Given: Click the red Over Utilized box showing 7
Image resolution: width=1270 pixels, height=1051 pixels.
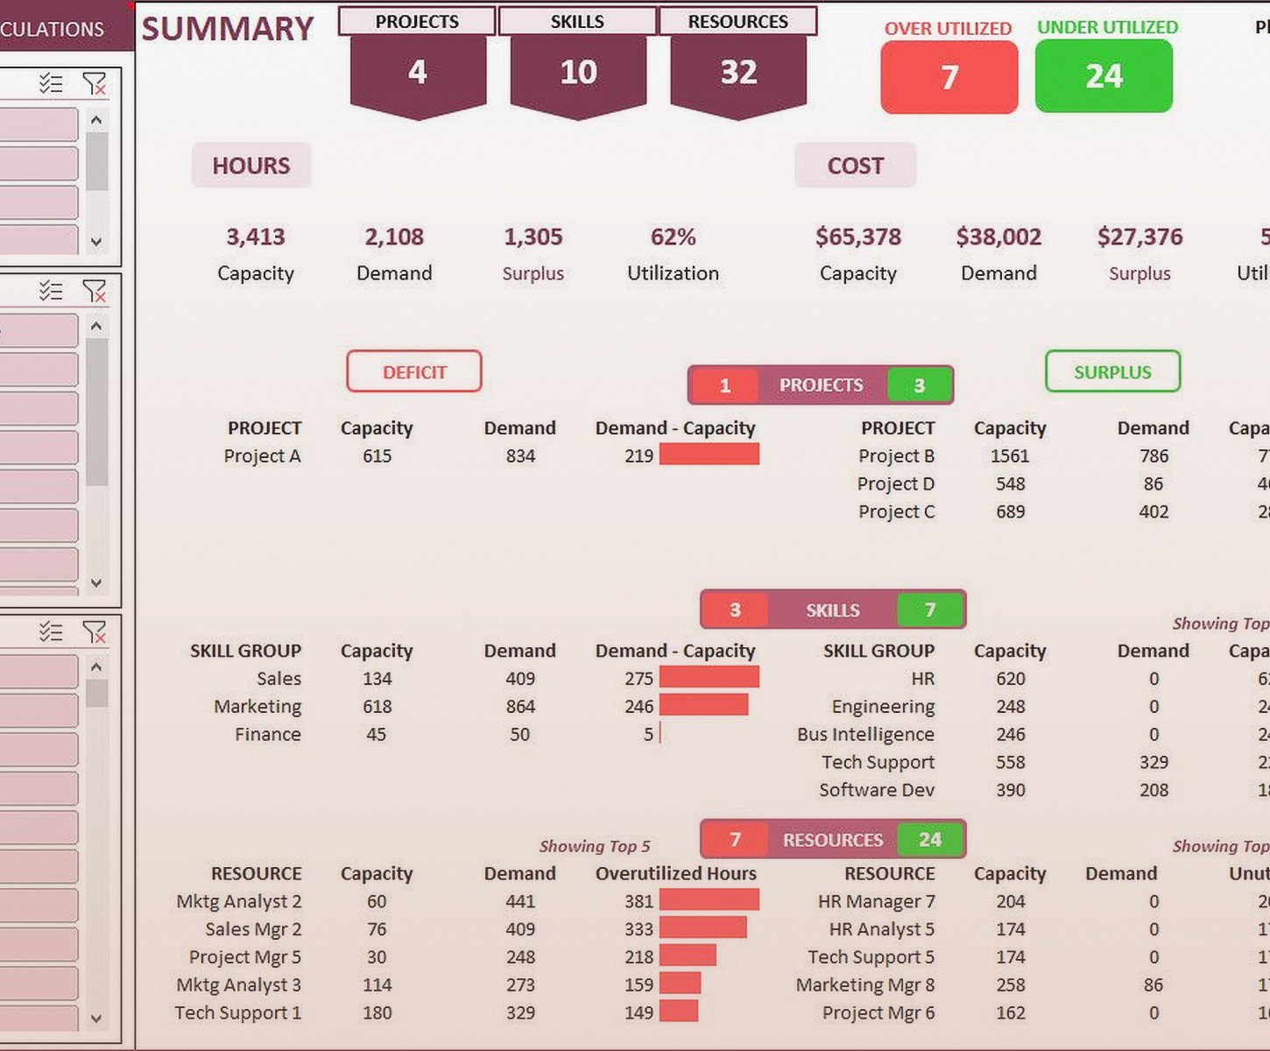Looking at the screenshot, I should (x=949, y=77).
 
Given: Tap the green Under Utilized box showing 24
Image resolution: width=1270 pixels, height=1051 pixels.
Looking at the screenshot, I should (x=1104, y=77).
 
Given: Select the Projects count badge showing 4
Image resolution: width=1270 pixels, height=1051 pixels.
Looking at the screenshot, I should (x=418, y=72).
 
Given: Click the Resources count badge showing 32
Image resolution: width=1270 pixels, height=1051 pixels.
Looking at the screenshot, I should (x=738, y=72).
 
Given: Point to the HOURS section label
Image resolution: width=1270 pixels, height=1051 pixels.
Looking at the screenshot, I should (x=250, y=166).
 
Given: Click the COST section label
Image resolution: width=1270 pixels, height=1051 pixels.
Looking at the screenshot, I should (x=855, y=166).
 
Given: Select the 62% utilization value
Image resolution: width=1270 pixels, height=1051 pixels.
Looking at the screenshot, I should (x=673, y=236).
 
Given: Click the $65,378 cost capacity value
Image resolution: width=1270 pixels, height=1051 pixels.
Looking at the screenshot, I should (x=857, y=236).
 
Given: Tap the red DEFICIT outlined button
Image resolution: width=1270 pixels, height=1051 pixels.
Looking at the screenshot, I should (x=414, y=372).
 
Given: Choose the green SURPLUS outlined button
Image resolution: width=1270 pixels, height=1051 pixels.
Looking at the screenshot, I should (x=1112, y=372).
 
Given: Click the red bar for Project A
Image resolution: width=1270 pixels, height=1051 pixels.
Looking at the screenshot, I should (x=709, y=455).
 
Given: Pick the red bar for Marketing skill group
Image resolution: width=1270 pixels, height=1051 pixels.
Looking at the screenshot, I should (x=703, y=705).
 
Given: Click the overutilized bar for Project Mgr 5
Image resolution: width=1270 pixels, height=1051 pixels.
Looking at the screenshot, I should (x=688, y=956).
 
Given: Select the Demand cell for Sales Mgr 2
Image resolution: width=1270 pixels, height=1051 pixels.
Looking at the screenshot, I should (x=519, y=929).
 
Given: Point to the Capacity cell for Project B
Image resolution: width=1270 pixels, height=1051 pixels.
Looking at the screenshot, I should (x=1010, y=456).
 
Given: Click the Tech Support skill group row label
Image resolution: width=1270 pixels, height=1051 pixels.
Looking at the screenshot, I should (x=878, y=762).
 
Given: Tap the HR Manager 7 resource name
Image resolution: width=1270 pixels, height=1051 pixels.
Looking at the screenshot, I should (x=876, y=901).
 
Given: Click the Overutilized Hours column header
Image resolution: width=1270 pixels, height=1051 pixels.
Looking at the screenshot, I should (x=675, y=873).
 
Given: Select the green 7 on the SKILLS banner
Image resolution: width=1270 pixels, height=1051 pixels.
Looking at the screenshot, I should (x=929, y=610).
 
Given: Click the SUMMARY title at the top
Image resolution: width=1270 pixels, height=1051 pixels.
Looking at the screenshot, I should (x=228, y=29).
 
